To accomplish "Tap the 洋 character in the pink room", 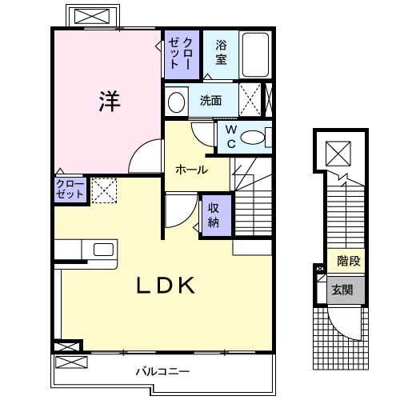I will pos(110,102).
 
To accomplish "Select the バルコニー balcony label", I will pos(162,372).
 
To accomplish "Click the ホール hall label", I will pos(191,170).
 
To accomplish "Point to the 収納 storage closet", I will pos(214,214).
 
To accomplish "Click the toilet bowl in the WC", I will pos(254,138).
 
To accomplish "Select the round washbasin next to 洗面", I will pos(177,101).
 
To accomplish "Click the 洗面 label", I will pos(211,101).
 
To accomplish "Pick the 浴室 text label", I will pos(221,53).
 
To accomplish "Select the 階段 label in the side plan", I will pos(348,261).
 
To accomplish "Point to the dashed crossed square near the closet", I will pos(104,190).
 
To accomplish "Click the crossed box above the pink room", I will pos(93,16).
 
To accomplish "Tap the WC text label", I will pos(230,136).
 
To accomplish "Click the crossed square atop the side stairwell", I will pos(338,150).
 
